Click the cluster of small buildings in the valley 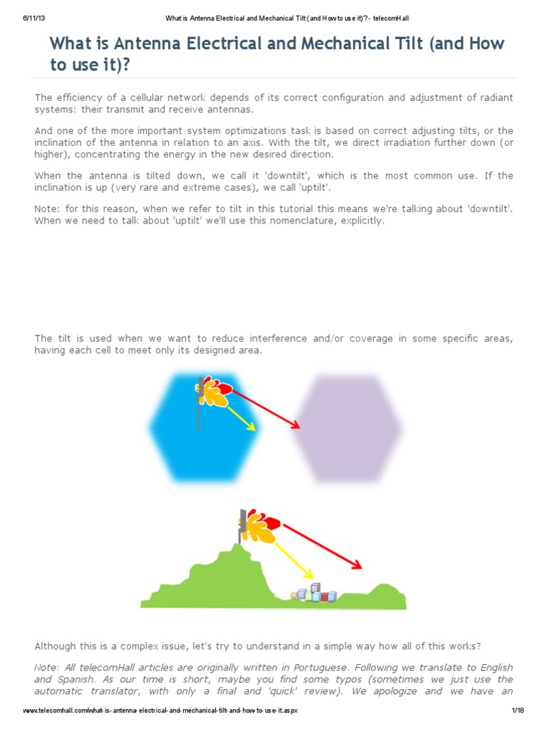313,593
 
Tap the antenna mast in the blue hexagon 199,413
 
